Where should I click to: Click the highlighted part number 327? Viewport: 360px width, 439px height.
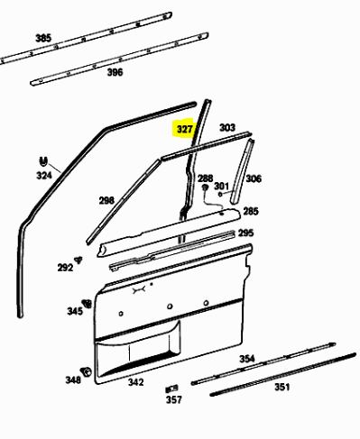[184, 129]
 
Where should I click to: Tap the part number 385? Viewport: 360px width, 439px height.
[43, 38]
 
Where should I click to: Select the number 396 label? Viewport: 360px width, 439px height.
[115, 72]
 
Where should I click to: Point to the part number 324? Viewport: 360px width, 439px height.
[44, 175]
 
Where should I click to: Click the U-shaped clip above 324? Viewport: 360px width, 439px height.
[43, 161]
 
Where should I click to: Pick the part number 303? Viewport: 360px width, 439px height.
[227, 127]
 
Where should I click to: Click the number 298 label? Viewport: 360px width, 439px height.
[106, 200]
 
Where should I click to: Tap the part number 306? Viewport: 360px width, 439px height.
[254, 178]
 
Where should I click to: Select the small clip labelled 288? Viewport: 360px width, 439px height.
[206, 188]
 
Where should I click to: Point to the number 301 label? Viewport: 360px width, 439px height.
[221, 186]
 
